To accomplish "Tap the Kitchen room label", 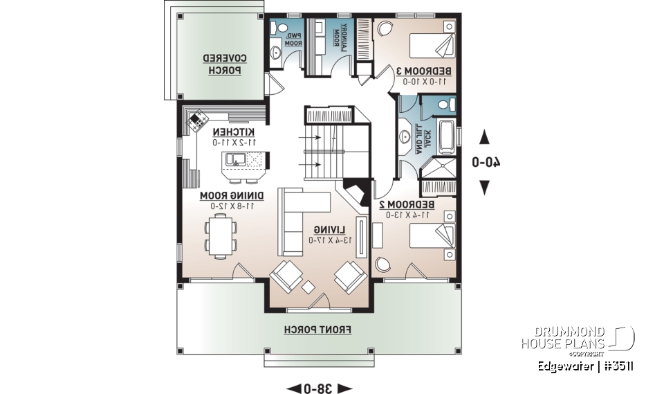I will pyautogui.click(x=233, y=132).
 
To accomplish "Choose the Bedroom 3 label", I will pyautogui.click(x=423, y=71).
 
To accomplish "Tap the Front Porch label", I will pyautogui.click(x=318, y=330).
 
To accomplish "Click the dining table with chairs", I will pyautogui.click(x=221, y=235).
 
